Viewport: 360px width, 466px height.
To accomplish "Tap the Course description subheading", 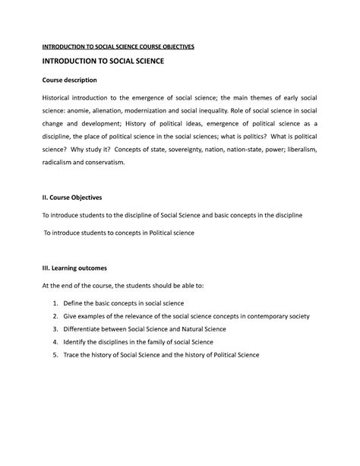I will point(69,81).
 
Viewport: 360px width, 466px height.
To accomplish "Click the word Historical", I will point(62,100).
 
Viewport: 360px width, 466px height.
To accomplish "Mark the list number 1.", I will point(55,303).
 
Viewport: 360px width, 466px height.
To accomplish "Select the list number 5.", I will point(55,354).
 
